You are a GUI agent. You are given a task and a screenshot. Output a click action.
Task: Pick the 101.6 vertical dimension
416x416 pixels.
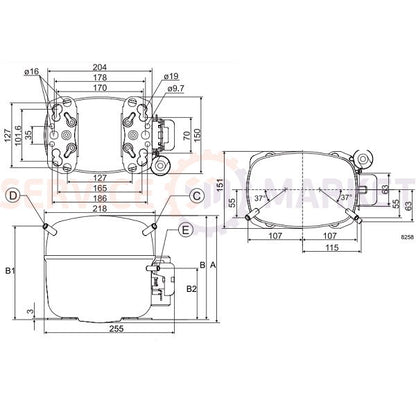(x=18, y=130)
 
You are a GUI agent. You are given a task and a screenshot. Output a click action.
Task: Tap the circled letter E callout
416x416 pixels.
(x=186, y=230)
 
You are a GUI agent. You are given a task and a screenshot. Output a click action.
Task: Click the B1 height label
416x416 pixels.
(x=11, y=271)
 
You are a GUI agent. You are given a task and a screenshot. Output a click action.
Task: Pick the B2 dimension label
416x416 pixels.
(x=191, y=290)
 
